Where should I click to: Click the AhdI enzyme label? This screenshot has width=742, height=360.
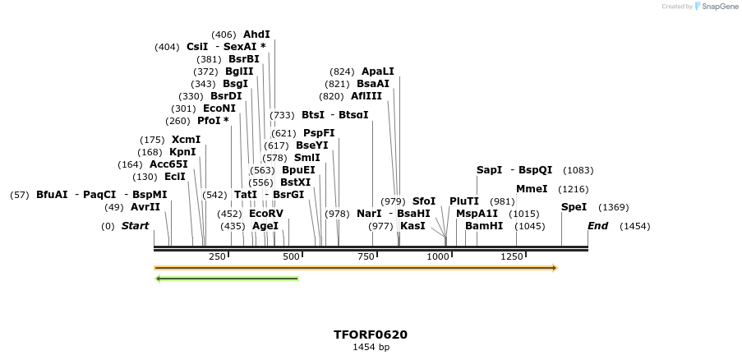[x=256, y=35]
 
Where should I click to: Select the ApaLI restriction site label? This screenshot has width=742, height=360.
[x=377, y=72]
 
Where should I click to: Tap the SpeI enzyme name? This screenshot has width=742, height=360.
[x=574, y=207]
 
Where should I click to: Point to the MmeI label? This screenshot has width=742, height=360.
[x=531, y=189]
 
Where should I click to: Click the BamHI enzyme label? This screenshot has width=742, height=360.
[x=483, y=225]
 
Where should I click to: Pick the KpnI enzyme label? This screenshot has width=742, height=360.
[x=182, y=152]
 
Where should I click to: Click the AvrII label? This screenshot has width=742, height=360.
[x=145, y=207]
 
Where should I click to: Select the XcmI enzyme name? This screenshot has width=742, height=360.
[x=186, y=140]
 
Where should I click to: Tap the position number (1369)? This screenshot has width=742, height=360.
[x=613, y=207]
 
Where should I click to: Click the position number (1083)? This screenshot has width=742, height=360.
[x=578, y=170]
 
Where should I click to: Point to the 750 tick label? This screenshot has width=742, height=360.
[x=365, y=257]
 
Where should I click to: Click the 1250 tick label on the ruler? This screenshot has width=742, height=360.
[x=512, y=257]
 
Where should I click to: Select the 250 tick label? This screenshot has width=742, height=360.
[x=217, y=257]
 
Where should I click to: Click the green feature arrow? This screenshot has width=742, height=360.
[x=227, y=279]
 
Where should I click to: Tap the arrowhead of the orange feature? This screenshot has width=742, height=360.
[x=554, y=268]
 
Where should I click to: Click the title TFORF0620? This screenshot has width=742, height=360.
[x=370, y=335]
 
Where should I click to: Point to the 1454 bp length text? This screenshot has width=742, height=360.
[x=371, y=348]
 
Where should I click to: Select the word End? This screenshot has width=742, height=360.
[x=598, y=226]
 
